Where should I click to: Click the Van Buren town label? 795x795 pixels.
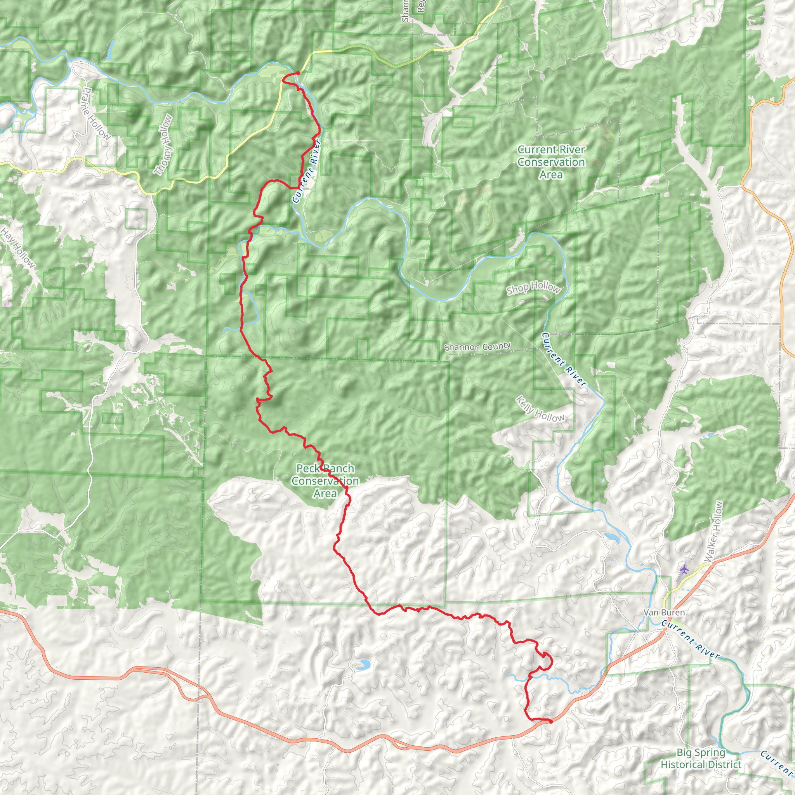coord(664,613)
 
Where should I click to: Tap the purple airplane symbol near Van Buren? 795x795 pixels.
coord(684,569)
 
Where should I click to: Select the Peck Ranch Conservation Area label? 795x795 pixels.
coord(325,481)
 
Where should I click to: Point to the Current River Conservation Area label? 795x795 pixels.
coord(551,162)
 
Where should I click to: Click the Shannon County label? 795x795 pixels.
coord(477,347)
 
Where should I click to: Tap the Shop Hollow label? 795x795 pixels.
coord(533,288)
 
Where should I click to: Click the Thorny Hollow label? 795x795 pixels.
coord(163,144)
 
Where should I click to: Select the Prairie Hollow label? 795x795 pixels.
coord(96,114)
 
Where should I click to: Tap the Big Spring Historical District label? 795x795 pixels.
coord(701,759)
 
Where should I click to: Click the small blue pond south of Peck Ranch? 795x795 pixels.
coord(363,665)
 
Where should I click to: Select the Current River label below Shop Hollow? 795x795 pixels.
coord(563,359)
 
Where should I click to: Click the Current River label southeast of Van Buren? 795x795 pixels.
coord(691,640)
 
